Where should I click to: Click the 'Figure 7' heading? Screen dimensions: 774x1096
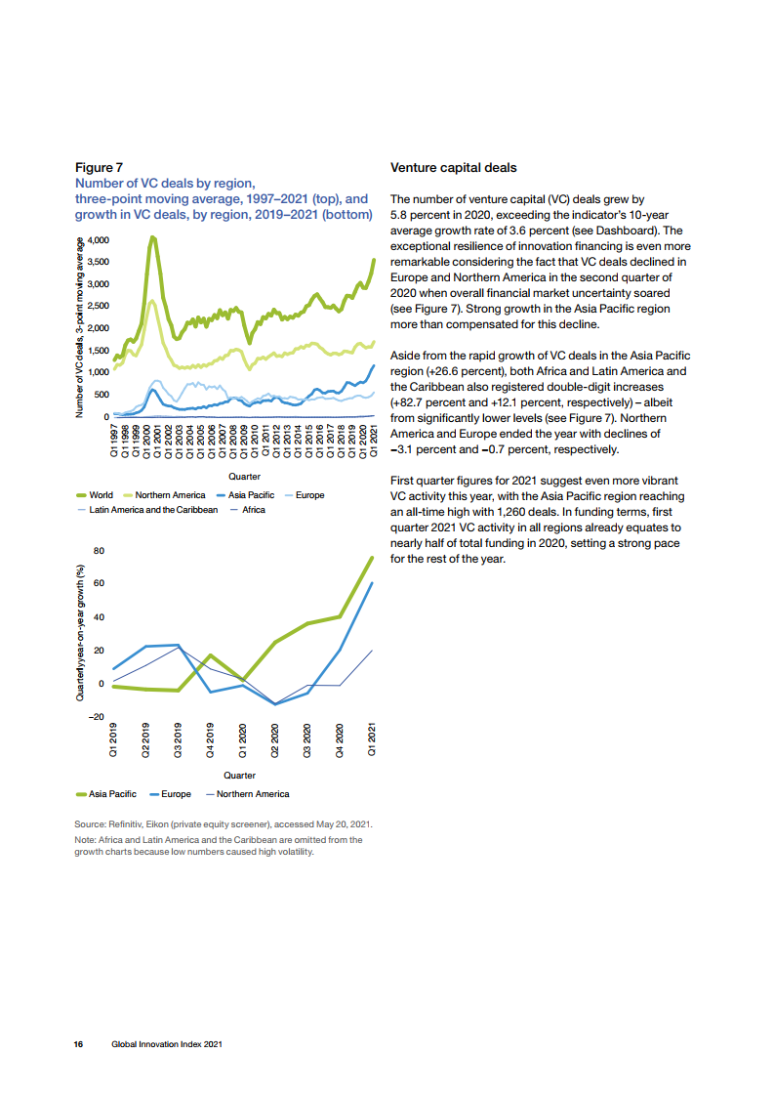[x=99, y=168]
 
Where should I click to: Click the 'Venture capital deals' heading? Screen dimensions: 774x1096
[x=453, y=168]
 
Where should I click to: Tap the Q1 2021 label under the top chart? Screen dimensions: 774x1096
[x=373, y=441]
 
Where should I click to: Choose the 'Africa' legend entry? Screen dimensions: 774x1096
[x=248, y=510]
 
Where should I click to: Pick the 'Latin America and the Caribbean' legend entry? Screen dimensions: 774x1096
[x=147, y=510]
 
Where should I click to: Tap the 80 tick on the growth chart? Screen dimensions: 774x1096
[x=99, y=551]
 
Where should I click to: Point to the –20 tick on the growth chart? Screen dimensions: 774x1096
[x=96, y=716]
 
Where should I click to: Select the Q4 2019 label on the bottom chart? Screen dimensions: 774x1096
[x=210, y=739]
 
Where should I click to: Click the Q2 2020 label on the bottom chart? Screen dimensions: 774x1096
[x=274, y=739]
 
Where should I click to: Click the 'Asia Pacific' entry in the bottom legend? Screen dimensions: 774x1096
[x=106, y=794]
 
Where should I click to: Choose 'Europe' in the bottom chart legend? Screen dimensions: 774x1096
[x=171, y=794]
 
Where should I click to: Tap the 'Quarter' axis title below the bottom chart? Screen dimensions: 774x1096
[x=239, y=776]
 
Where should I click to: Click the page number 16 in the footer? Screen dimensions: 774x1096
[x=78, y=1044]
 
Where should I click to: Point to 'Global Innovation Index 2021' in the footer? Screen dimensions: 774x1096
[x=167, y=1044]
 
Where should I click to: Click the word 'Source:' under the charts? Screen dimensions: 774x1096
[x=90, y=824]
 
